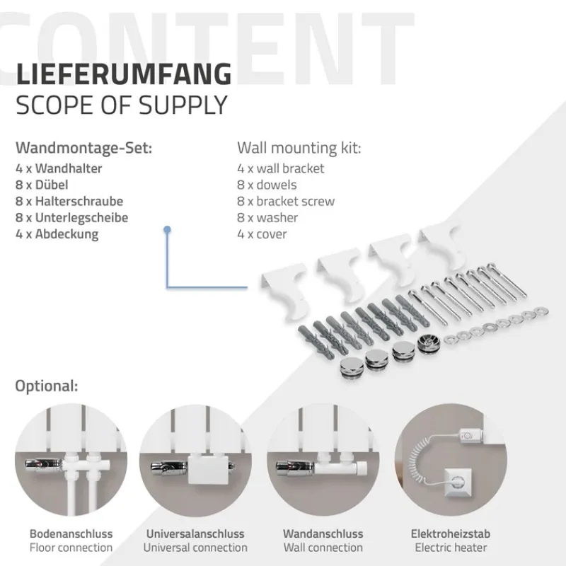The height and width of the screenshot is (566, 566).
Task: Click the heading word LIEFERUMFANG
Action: click(x=123, y=74)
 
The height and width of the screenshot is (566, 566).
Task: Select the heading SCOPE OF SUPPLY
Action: click(x=122, y=105)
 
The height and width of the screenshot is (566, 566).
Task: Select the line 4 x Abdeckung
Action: click(x=57, y=233)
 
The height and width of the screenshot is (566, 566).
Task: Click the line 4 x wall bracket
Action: click(x=280, y=168)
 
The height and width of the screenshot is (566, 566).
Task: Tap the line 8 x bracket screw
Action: click(x=286, y=201)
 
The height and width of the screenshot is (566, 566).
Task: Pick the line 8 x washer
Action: click(x=267, y=217)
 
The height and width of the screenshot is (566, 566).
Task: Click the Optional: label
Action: click(x=47, y=386)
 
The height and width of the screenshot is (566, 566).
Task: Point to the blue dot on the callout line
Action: click(x=167, y=229)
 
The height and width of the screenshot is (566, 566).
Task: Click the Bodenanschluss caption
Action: click(x=71, y=534)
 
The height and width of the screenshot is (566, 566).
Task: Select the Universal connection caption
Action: click(x=195, y=548)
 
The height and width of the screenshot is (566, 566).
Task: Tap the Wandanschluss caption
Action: click(x=323, y=534)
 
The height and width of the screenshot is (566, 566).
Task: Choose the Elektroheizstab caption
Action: click(x=451, y=534)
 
